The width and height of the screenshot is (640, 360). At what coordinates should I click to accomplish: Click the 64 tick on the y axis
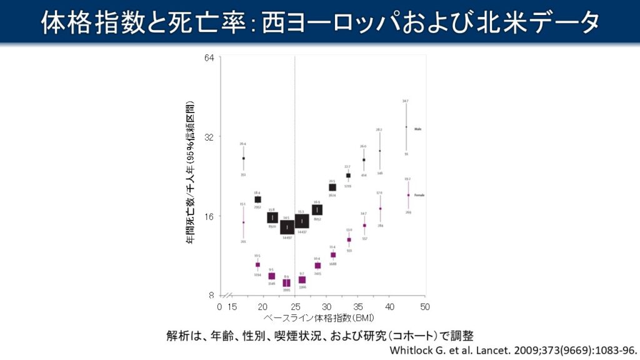[209, 58]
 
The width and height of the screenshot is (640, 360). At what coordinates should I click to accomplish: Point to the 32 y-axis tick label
[209, 137]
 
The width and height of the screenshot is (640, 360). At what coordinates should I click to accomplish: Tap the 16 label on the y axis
[209, 216]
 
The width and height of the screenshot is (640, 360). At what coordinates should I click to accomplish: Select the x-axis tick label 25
[295, 307]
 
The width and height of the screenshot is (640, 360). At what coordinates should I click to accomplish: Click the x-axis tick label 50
[424, 307]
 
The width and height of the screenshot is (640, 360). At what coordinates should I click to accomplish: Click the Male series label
[417, 129]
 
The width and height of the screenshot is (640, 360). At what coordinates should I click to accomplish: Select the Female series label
[419, 195]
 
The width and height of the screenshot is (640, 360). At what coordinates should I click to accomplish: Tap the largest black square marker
[302, 221]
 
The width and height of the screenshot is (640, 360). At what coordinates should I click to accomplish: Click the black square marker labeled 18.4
[257, 199]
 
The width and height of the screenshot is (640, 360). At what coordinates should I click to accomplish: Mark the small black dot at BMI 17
[244, 159]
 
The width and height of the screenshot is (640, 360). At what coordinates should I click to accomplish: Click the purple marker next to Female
[408, 195]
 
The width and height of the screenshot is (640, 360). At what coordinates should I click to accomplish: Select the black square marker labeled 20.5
[332, 187]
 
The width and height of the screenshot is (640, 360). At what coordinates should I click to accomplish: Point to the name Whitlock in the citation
[411, 350]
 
